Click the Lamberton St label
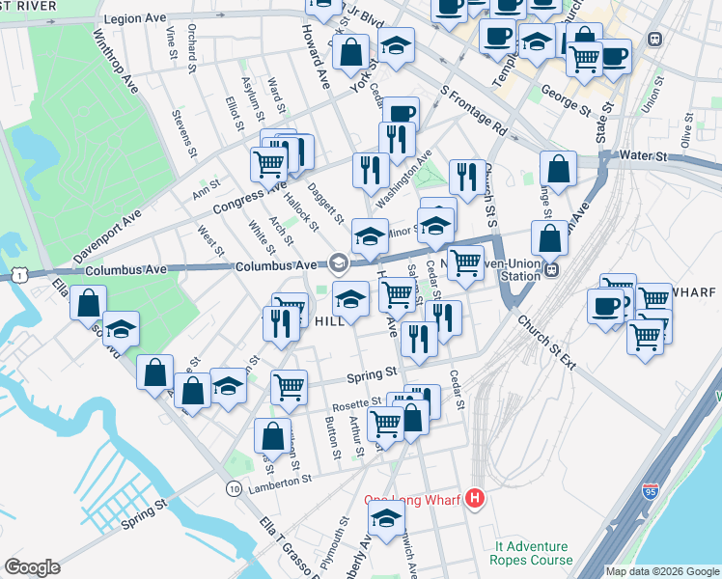280,477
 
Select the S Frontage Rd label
473,113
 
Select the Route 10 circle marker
235,489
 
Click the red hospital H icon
474,498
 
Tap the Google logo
32,567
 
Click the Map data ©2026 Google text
662,571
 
